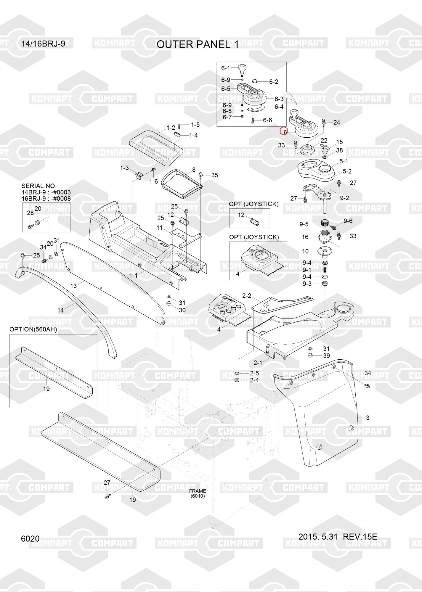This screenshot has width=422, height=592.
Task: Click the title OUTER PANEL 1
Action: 198,44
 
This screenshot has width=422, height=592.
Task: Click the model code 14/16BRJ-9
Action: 43,44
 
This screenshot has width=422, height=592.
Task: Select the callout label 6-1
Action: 226,68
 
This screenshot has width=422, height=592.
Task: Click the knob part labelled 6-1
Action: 243,69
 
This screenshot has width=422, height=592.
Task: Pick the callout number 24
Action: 337,122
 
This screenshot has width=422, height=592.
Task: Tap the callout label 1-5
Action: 195,125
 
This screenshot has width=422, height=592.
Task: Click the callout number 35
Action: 214,175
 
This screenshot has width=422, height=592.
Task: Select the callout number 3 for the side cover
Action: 368,418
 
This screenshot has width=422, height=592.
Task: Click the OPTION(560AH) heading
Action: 33,329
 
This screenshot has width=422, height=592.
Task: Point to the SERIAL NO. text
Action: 39,186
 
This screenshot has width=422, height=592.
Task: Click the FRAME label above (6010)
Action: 198,491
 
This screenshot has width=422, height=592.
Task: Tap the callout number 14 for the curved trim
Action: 60,310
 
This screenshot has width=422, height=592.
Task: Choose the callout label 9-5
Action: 304,224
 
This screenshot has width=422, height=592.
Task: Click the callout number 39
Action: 326,355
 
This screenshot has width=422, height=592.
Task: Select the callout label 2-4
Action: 254,380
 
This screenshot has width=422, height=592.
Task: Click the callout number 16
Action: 305,237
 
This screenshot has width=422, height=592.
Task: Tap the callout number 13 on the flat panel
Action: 73,286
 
